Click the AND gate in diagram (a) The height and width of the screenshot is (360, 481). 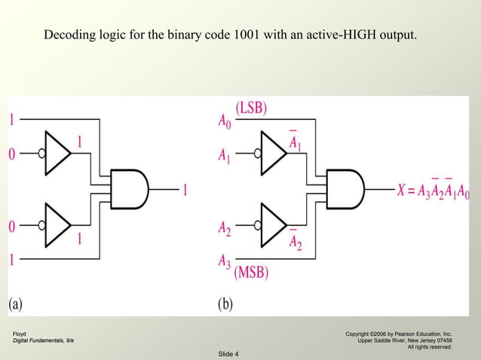coord(129,188)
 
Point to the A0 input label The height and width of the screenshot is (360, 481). coord(225,120)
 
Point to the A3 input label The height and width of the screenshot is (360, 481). coord(225,261)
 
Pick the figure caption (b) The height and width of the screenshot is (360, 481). coord(226,304)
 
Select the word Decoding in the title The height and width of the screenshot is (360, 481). coord(67,35)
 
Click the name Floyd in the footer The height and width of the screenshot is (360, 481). coord(20,333)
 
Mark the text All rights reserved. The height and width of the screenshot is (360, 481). coord(429,347)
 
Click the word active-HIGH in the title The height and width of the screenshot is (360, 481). coord(336,35)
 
